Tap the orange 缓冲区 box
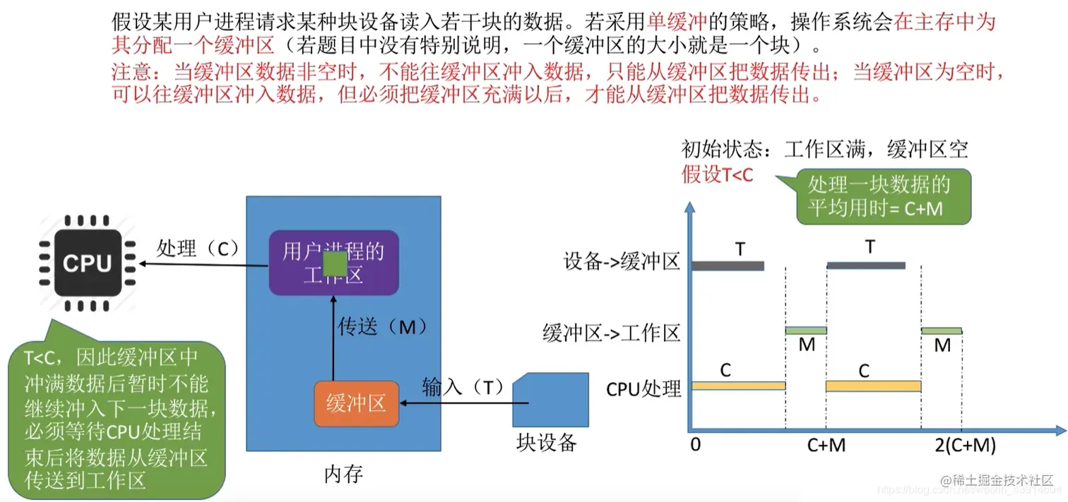tap(356, 404)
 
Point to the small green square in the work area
tap(334, 263)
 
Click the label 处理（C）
tap(198, 249)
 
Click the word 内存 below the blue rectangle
tap(343, 474)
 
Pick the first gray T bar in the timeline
tap(728, 265)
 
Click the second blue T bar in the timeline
tap(865, 265)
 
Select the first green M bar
tap(805, 330)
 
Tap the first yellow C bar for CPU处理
tap(738, 386)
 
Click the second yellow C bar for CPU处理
tap(873, 386)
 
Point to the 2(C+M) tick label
tap(965, 446)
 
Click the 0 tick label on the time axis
tap(696, 446)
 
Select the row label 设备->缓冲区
tap(622, 263)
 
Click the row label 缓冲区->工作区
tap(612, 332)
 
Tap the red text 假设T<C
tap(717, 174)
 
